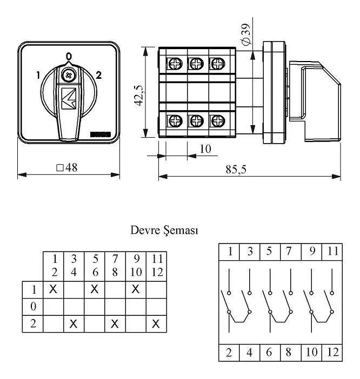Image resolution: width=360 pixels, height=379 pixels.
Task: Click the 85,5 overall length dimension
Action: [236, 170]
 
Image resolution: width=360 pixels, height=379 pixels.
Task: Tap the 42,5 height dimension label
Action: [139, 96]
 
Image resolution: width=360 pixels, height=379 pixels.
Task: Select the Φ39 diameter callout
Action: [246, 35]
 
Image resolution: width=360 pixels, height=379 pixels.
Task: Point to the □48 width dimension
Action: [67, 167]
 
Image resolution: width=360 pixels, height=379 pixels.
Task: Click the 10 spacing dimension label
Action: [205, 149]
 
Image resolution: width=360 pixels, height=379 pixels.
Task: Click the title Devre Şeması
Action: [164, 231]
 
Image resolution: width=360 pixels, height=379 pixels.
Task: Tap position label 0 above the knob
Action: [69, 56]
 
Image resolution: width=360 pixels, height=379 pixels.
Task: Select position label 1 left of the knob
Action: [38, 75]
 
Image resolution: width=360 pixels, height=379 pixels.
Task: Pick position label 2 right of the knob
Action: [98, 75]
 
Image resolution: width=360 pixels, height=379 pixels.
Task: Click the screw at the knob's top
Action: [69, 75]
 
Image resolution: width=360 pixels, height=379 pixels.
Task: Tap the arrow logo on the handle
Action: [69, 98]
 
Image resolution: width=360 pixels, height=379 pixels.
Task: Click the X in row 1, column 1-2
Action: [53, 289]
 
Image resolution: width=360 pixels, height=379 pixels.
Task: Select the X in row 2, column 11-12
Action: [156, 323]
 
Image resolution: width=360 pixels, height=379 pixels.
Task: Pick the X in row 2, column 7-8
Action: [115, 323]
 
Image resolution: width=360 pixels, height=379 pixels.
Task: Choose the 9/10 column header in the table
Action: [136, 266]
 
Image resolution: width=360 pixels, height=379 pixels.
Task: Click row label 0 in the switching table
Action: [33, 307]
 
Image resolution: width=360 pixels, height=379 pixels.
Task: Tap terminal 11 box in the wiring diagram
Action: [332, 252]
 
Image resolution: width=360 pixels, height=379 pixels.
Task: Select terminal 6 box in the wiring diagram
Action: [270, 353]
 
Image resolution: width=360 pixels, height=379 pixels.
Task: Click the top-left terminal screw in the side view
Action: [175, 64]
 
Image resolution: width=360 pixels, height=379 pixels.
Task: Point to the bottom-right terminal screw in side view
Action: [217, 120]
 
